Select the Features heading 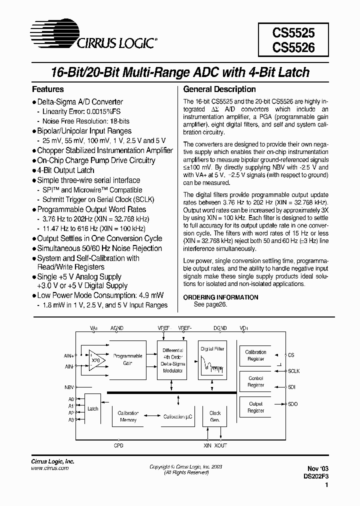click(x=48, y=89)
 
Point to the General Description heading click(x=219, y=89)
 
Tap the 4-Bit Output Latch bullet click(x=65, y=170)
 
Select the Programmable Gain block click(x=127, y=359)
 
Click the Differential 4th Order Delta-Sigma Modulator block click(x=173, y=361)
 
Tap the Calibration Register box click(x=255, y=355)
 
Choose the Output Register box click(x=255, y=407)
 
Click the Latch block click(x=92, y=408)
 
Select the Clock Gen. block click(x=215, y=416)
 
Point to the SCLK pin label click(x=294, y=371)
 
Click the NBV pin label click(x=69, y=387)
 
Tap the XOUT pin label click(x=220, y=445)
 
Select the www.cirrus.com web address click(x=50, y=468)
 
